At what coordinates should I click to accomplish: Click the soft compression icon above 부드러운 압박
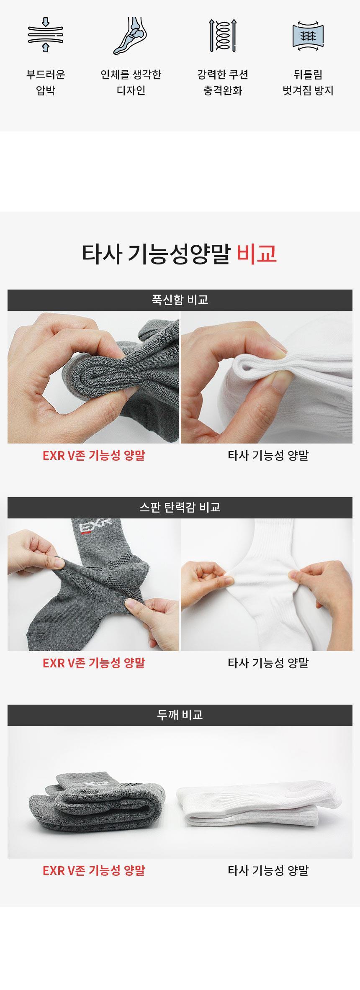pyautogui.click(x=46, y=35)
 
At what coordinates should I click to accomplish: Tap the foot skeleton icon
pyautogui.click(x=131, y=36)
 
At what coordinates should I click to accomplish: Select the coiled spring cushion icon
pyautogui.click(x=223, y=35)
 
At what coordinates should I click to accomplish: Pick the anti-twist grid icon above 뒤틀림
pyautogui.click(x=308, y=36)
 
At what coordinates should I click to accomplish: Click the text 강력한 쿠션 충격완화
pyautogui.click(x=223, y=82)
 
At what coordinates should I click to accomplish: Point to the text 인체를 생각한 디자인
pyautogui.click(x=131, y=82)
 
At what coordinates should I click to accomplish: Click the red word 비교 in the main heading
pyautogui.click(x=257, y=254)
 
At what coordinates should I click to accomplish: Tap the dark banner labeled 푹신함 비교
pyautogui.click(x=180, y=300)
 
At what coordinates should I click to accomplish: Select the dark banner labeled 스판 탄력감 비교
pyautogui.click(x=180, y=508)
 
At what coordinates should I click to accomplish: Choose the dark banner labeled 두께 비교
pyautogui.click(x=180, y=715)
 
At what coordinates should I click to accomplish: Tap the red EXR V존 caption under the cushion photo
pyautogui.click(x=94, y=455)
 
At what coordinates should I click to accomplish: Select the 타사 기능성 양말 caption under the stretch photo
pyautogui.click(x=268, y=663)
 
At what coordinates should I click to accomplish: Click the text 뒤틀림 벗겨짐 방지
pyautogui.click(x=308, y=82)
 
